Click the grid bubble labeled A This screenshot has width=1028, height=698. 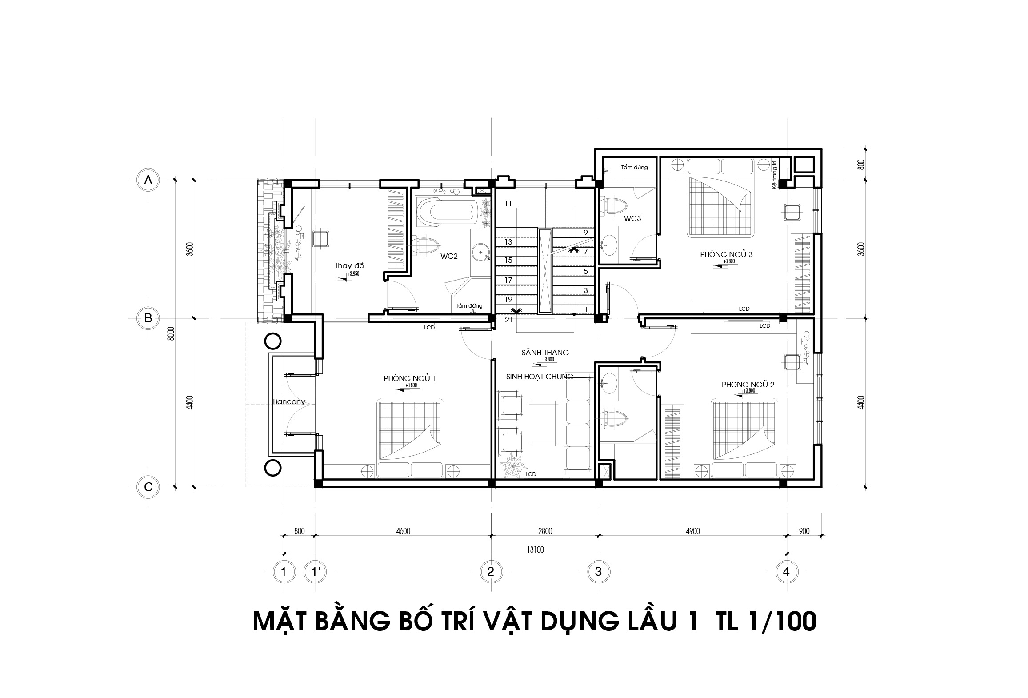(x=148, y=180)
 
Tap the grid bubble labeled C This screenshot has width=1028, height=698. (x=148, y=487)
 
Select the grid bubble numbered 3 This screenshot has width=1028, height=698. (x=598, y=571)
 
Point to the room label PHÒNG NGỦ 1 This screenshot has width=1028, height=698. (x=409, y=378)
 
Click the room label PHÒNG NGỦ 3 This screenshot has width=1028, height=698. (x=726, y=254)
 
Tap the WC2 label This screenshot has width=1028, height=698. (x=449, y=256)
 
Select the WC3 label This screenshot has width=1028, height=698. (x=632, y=218)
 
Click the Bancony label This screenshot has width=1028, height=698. (x=289, y=402)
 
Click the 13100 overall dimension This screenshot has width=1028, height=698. (x=536, y=550)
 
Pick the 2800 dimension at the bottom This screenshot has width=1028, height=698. (x=545, y=531)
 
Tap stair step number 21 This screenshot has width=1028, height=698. (x=509, y=319)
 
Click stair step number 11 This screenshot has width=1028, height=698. (x=508, y=204)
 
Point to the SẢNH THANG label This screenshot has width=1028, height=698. (x=545, y=353)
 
